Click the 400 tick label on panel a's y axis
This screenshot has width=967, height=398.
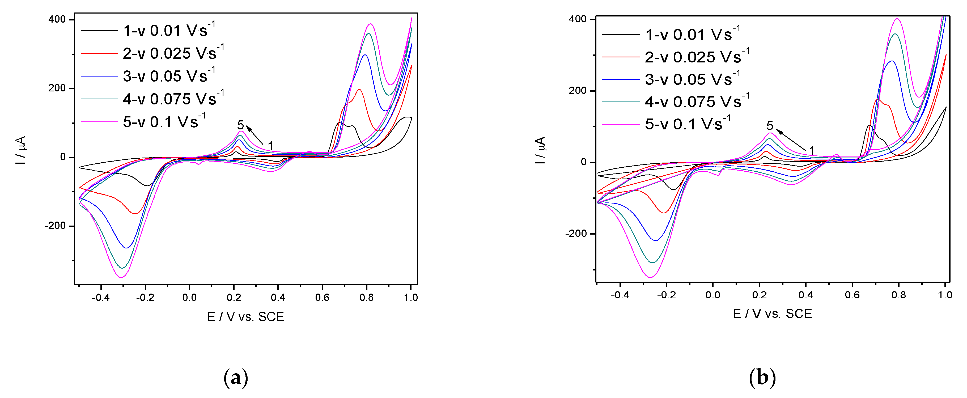(57, 19)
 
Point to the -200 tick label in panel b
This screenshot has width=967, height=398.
(576, 234)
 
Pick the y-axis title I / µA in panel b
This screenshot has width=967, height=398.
(540, 150)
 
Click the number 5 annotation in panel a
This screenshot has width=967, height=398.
(241, 125)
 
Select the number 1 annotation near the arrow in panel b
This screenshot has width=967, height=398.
(812, 150)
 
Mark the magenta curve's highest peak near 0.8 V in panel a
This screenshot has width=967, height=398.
(371, 24)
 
